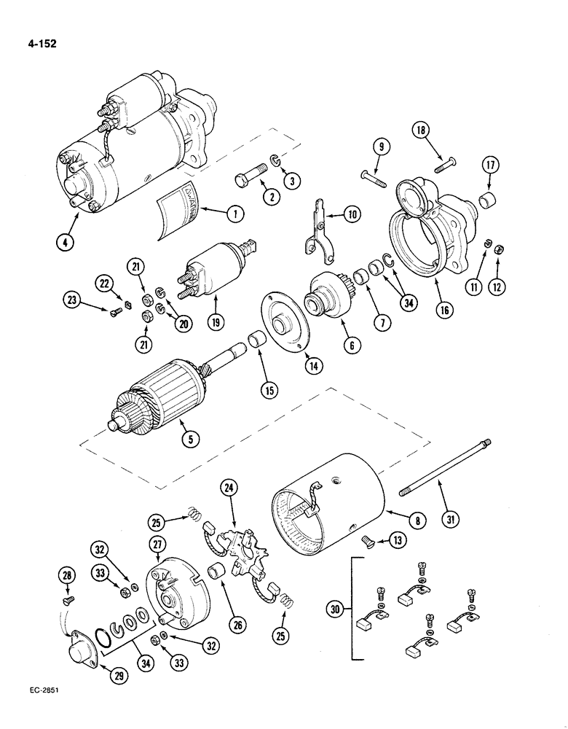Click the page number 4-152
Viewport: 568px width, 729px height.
[36, 42]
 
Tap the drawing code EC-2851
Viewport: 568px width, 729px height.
[33, 709]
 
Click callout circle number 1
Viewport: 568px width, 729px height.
[234, 214]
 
